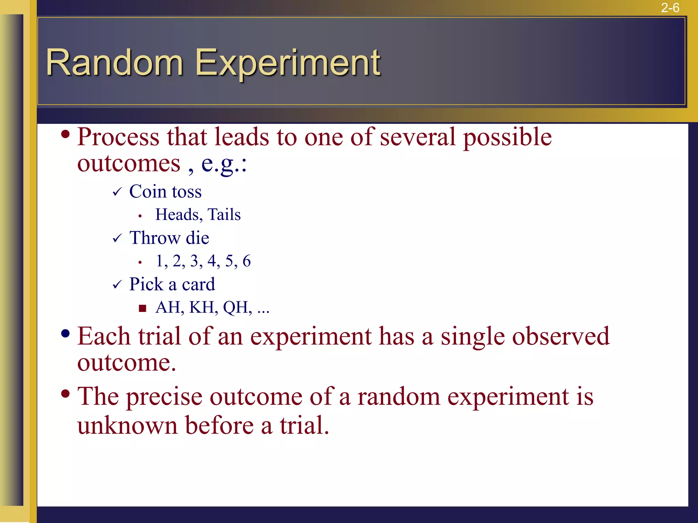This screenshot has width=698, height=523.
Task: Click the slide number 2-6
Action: [670, 7]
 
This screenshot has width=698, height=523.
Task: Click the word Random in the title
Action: [115, 63]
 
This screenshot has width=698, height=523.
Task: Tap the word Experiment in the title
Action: [287, 63]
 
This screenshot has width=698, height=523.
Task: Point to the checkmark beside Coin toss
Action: [117, 192]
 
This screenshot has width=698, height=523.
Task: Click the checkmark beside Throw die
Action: [117, 238]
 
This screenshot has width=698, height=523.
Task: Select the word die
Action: [197, 238]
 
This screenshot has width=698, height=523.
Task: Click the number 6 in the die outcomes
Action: [246, 261]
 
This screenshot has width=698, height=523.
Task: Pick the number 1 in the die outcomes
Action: [159, 261]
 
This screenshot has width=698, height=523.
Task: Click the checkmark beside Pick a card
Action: [117, 285]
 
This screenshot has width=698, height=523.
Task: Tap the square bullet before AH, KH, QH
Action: [142, 308]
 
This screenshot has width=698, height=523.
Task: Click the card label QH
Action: [235, 307]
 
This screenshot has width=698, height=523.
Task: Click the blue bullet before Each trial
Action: [65, 333]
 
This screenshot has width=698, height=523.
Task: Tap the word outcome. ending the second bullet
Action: [126, 363]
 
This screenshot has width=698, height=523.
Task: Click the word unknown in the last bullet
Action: [127, 426]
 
